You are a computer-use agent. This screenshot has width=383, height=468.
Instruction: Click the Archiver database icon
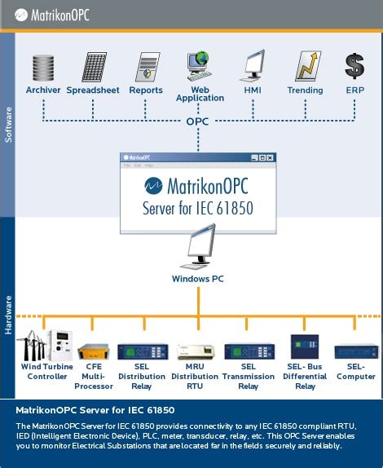coord(43,68)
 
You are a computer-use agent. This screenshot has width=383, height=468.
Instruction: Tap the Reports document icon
coord(146,68)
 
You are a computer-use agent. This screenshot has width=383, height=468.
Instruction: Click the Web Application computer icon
coord(200,66)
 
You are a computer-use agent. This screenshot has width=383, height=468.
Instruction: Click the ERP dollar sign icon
coord(354,66)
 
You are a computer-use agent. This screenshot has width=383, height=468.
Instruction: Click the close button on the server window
coord(270,157)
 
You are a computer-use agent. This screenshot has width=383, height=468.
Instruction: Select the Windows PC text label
coord(198,279)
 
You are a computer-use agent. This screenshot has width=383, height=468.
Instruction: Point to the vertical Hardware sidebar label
coord(9,314)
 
